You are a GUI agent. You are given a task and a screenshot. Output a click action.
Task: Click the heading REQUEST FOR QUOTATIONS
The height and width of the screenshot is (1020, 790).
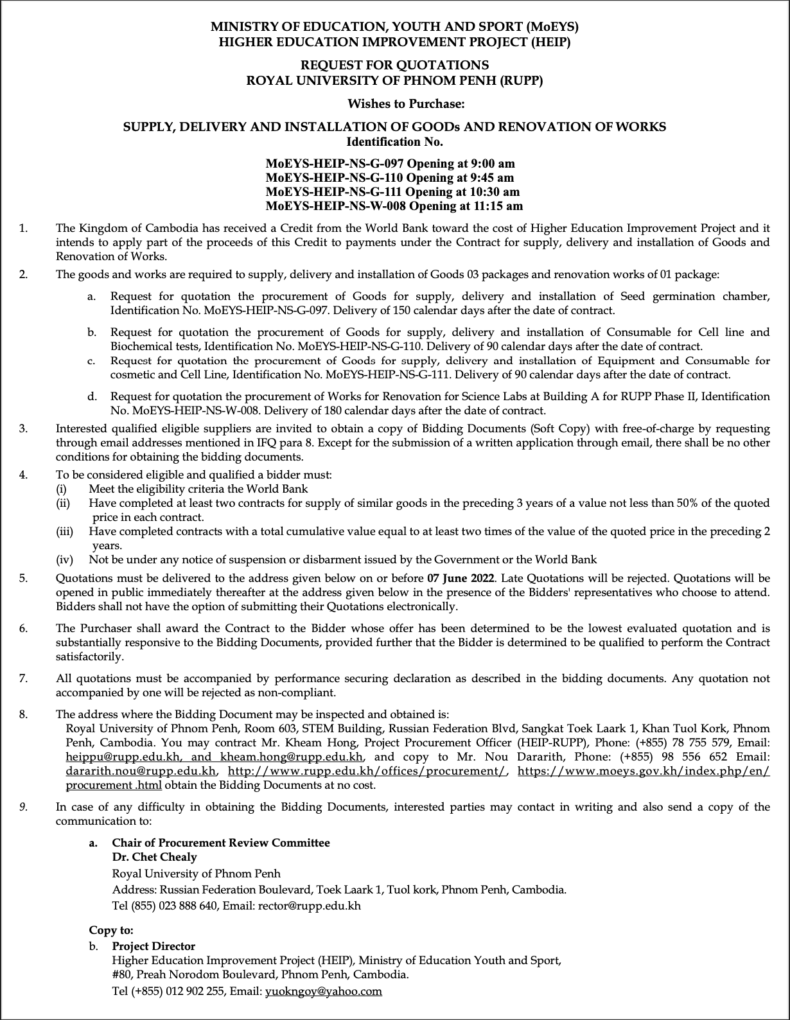394,66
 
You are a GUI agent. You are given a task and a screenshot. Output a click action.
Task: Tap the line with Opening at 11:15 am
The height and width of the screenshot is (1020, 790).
394,206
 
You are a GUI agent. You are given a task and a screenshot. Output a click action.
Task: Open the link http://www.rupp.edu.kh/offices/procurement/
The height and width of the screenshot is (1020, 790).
367,771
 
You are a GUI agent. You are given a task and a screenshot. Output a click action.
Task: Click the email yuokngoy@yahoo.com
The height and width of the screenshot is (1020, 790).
323,991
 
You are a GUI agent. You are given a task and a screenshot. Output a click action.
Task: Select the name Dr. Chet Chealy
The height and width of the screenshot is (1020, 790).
154,857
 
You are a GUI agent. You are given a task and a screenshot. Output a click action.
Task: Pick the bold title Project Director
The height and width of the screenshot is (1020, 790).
154,946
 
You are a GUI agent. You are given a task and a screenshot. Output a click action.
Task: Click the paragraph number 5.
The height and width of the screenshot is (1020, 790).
23,578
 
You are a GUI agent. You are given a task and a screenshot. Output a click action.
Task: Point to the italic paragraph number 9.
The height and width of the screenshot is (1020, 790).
23,807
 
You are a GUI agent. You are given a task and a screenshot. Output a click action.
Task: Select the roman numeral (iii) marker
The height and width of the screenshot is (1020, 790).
64,532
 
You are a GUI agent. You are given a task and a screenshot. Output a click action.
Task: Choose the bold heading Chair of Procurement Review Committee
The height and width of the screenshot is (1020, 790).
221,843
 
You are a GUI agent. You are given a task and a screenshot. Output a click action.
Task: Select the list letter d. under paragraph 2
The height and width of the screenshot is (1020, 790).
92,397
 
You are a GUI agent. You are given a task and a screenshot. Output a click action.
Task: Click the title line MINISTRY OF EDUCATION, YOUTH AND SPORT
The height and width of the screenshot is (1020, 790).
394,28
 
